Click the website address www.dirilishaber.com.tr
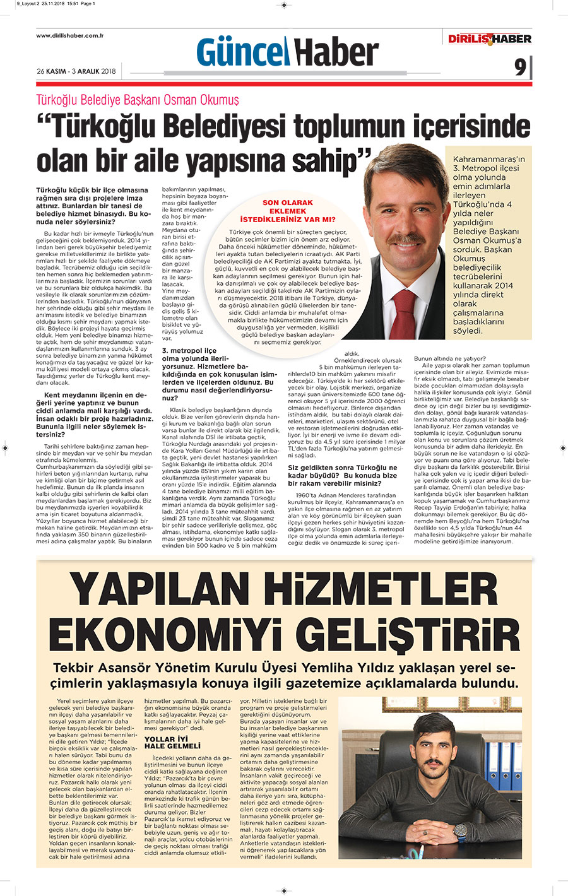click(x=69, y=35)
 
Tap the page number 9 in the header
click(x=519, y=67)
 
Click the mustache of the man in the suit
click(x=403, y=239)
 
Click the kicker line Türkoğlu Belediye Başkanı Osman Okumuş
click(x=137, y=100)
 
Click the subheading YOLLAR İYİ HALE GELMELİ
click(x=167, y=742)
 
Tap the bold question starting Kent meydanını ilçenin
click(x=94, y=415)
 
